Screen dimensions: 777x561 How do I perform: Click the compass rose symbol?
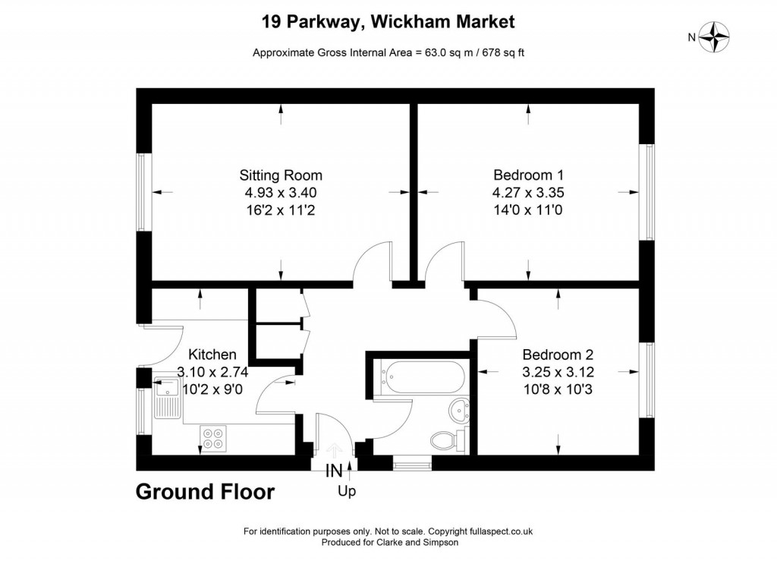713,36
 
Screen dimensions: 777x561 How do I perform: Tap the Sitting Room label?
281,175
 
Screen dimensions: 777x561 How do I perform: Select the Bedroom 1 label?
528,175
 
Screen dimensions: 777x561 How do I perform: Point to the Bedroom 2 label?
558,355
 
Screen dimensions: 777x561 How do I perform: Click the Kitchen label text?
212,355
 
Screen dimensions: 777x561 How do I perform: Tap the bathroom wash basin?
459,411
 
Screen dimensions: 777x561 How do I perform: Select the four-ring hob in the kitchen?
213,438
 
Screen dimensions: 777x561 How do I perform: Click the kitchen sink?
168,398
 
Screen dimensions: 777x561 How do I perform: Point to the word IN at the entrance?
334,471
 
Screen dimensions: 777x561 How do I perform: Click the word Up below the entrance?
347,492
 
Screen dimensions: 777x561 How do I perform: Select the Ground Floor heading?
205,492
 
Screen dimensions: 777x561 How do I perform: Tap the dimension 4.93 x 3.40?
281,192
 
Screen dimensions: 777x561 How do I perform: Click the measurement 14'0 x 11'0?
528,210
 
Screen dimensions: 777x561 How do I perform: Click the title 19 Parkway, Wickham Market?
388,22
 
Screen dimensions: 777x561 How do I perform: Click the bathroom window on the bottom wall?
412,463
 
